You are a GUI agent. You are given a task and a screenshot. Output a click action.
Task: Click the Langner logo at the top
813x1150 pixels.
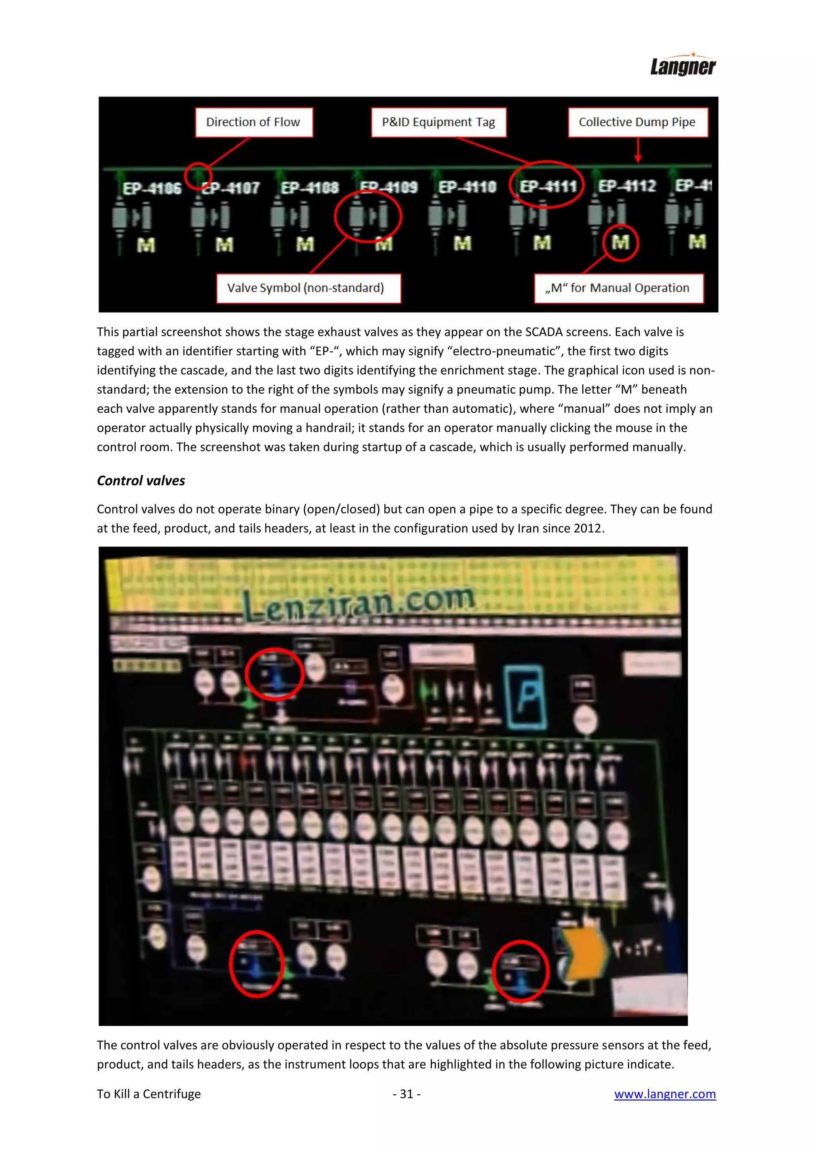point(682,66)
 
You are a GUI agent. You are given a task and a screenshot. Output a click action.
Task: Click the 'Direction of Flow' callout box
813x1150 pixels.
point(253,122)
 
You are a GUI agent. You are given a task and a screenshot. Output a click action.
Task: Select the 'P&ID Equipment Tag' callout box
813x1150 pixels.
point(439,122)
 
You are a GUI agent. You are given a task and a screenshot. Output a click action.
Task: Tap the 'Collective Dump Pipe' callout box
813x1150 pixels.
point(637,122)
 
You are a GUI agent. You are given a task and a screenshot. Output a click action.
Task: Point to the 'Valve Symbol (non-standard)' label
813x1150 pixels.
point(306,288)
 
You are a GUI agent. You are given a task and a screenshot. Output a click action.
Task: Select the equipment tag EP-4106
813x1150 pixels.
point(152,188)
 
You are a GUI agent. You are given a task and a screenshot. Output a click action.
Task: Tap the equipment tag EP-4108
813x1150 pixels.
point(310,187)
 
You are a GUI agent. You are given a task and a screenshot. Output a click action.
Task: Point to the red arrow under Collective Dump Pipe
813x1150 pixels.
point(638,150)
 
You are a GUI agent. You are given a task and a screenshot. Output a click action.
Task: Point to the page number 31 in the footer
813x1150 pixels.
point(406,1094)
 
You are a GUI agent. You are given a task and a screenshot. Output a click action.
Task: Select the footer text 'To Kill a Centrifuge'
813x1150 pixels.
point(149,1094)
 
